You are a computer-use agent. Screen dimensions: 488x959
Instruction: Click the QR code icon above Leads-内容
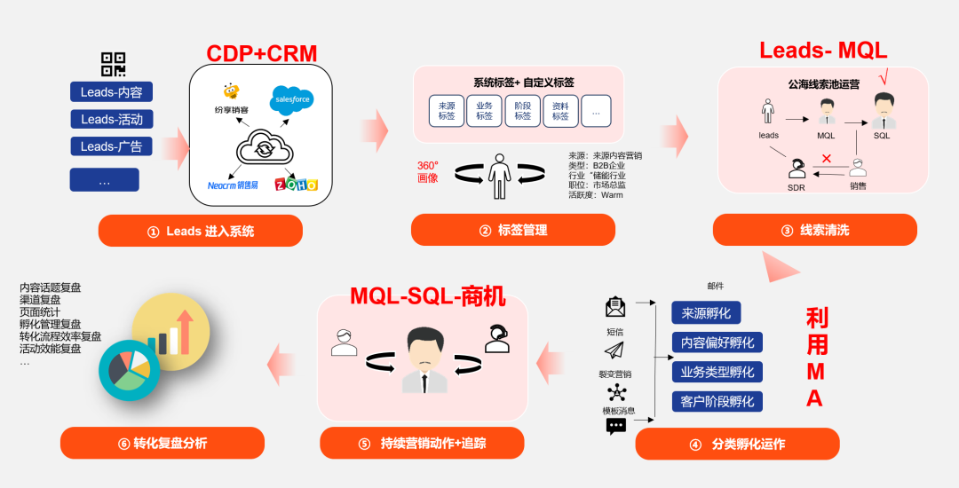(113, 64)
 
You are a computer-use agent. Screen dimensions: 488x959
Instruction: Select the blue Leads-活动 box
(111, 119)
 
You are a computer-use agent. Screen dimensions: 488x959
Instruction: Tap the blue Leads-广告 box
(111, 146)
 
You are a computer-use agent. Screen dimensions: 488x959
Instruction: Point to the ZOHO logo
(296, 185)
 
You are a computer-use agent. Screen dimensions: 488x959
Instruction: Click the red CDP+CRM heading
(261, 54)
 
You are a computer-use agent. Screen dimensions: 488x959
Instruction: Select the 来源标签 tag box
(446, 111)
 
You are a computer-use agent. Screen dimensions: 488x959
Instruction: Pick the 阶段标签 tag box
(522, 111)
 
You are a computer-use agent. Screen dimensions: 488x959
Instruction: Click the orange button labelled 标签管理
(512, 230)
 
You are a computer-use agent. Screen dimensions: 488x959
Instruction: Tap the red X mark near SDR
(827, 159)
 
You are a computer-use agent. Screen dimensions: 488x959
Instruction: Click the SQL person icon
(883, 112)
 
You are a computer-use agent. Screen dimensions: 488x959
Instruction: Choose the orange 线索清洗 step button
(814, 230)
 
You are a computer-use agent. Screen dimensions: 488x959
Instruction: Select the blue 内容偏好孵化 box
(717, 342)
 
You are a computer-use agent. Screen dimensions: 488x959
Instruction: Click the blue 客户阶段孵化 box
(717, 401)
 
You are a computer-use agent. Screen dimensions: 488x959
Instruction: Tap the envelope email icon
(615, 307)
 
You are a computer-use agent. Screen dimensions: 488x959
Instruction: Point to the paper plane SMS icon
(614, 350)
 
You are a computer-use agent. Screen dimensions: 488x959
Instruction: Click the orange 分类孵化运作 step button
(737, 444)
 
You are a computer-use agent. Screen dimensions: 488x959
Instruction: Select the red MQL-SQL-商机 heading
(427, 296)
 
